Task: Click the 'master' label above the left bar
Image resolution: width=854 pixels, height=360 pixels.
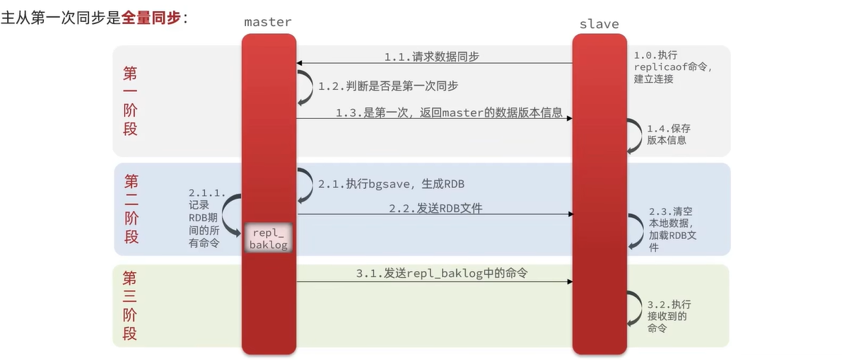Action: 267,22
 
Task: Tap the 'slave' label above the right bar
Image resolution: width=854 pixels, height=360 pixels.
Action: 599,23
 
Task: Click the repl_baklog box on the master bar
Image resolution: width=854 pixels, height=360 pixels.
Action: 269,238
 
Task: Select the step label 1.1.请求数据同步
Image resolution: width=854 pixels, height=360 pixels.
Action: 431,57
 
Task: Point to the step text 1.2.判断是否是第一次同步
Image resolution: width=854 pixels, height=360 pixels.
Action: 387,86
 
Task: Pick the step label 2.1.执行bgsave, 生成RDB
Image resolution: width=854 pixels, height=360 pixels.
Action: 390,184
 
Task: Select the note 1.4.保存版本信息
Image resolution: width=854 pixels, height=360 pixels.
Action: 668,134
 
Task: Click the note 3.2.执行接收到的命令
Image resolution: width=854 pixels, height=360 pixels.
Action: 667,316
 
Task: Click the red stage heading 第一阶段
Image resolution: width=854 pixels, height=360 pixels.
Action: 130,101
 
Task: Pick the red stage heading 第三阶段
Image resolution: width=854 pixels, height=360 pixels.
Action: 129,306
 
